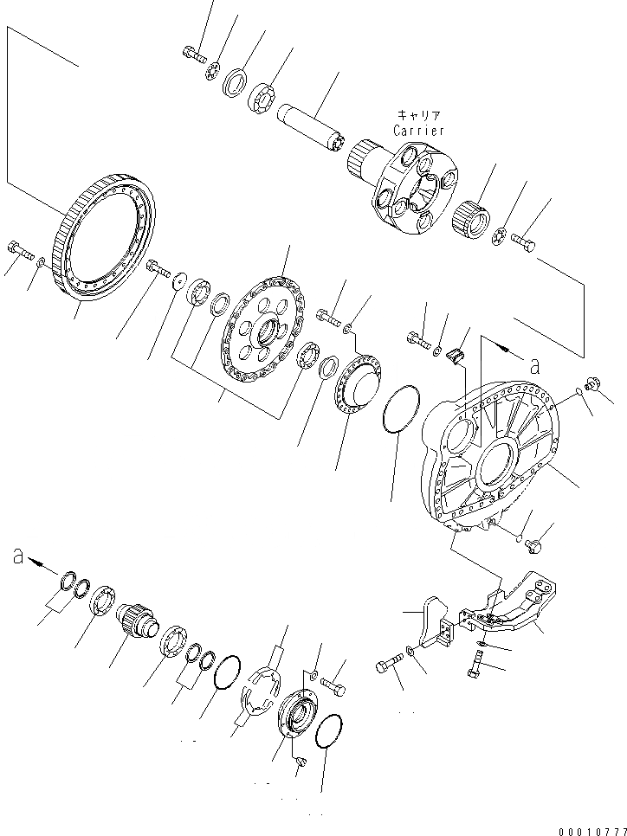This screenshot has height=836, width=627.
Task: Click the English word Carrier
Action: [x=418, y=131]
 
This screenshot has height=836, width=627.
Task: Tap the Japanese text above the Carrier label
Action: [x=419, y=115]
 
